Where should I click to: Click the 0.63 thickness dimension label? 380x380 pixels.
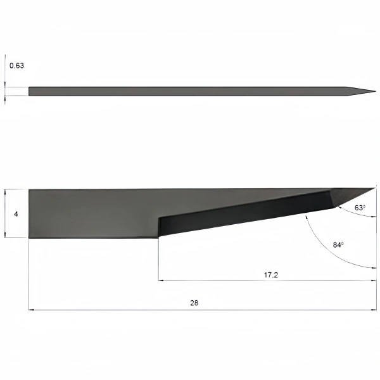[x=16, y=66]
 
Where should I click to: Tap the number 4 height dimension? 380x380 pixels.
[x=16, y=214]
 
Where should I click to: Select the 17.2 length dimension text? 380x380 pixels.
[x=271, y=275]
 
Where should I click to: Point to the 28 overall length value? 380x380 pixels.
[x=194, y=303]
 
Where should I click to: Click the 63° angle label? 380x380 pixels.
[x=360, y=208]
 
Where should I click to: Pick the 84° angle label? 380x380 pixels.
[x=338, y=244]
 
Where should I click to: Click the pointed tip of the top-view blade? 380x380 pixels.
[x=376, y=91]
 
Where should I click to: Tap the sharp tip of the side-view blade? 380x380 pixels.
[x=376, y=188]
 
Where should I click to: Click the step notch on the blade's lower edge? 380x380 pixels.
[x=158, y=227]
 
